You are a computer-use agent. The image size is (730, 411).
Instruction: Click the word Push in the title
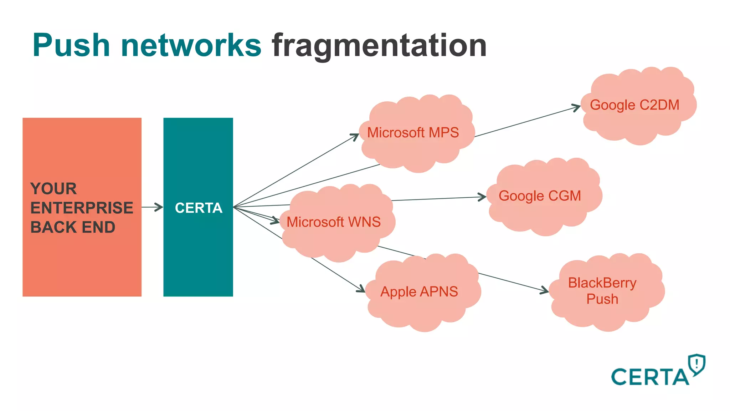[71, 45]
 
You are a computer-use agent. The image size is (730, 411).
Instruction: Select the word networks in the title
[191, 45]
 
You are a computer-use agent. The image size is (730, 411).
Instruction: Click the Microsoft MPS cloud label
[413, 133]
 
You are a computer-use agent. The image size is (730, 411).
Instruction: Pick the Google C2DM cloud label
[634, 105]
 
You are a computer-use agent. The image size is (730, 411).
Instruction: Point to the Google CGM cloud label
[540, 196]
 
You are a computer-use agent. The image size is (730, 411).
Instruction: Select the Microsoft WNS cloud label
[334, 222]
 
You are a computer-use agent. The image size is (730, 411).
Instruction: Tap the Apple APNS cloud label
[419, 291]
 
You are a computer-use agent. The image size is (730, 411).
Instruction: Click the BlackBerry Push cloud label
[602, 291]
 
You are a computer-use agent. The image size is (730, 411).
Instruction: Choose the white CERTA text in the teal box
[199, 208]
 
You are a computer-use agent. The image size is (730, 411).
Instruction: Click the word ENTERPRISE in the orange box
[82, 208]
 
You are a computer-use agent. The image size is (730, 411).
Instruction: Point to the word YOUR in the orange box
[53, 189]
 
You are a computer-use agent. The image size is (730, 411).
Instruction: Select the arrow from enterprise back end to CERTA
[153, 207]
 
